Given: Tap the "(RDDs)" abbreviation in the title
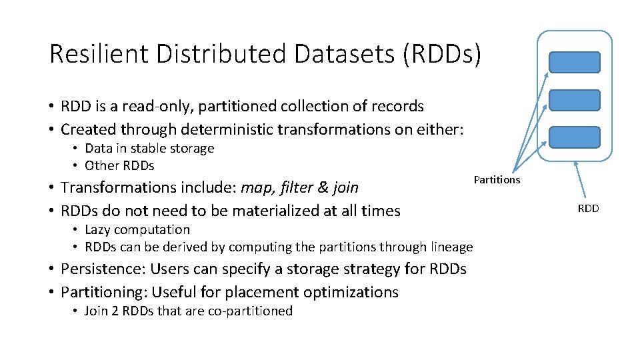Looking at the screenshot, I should (441, 54).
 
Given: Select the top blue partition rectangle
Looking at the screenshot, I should (574, 62).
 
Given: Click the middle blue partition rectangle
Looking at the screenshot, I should (574, 100).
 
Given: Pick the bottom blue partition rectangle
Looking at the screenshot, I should (574, 137).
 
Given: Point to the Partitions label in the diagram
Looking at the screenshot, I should (497, 180).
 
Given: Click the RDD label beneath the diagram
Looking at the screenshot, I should (588, 209).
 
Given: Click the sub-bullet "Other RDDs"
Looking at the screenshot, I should (119, 165).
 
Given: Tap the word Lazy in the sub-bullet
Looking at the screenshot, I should (97, 229).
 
